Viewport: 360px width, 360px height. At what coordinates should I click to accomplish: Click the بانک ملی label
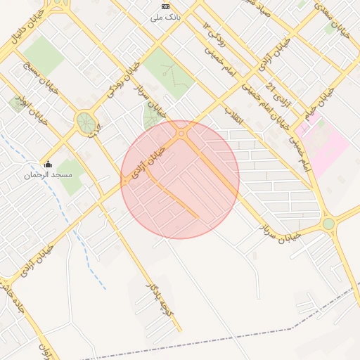click(x=166, y=17)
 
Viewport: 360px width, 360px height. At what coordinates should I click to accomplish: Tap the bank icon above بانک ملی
click(x=166, y=6)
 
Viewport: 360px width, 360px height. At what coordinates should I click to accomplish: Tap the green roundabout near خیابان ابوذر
click(x=86, y=122)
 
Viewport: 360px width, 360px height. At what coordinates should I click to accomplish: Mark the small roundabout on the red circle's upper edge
click(x=182, y=132)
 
